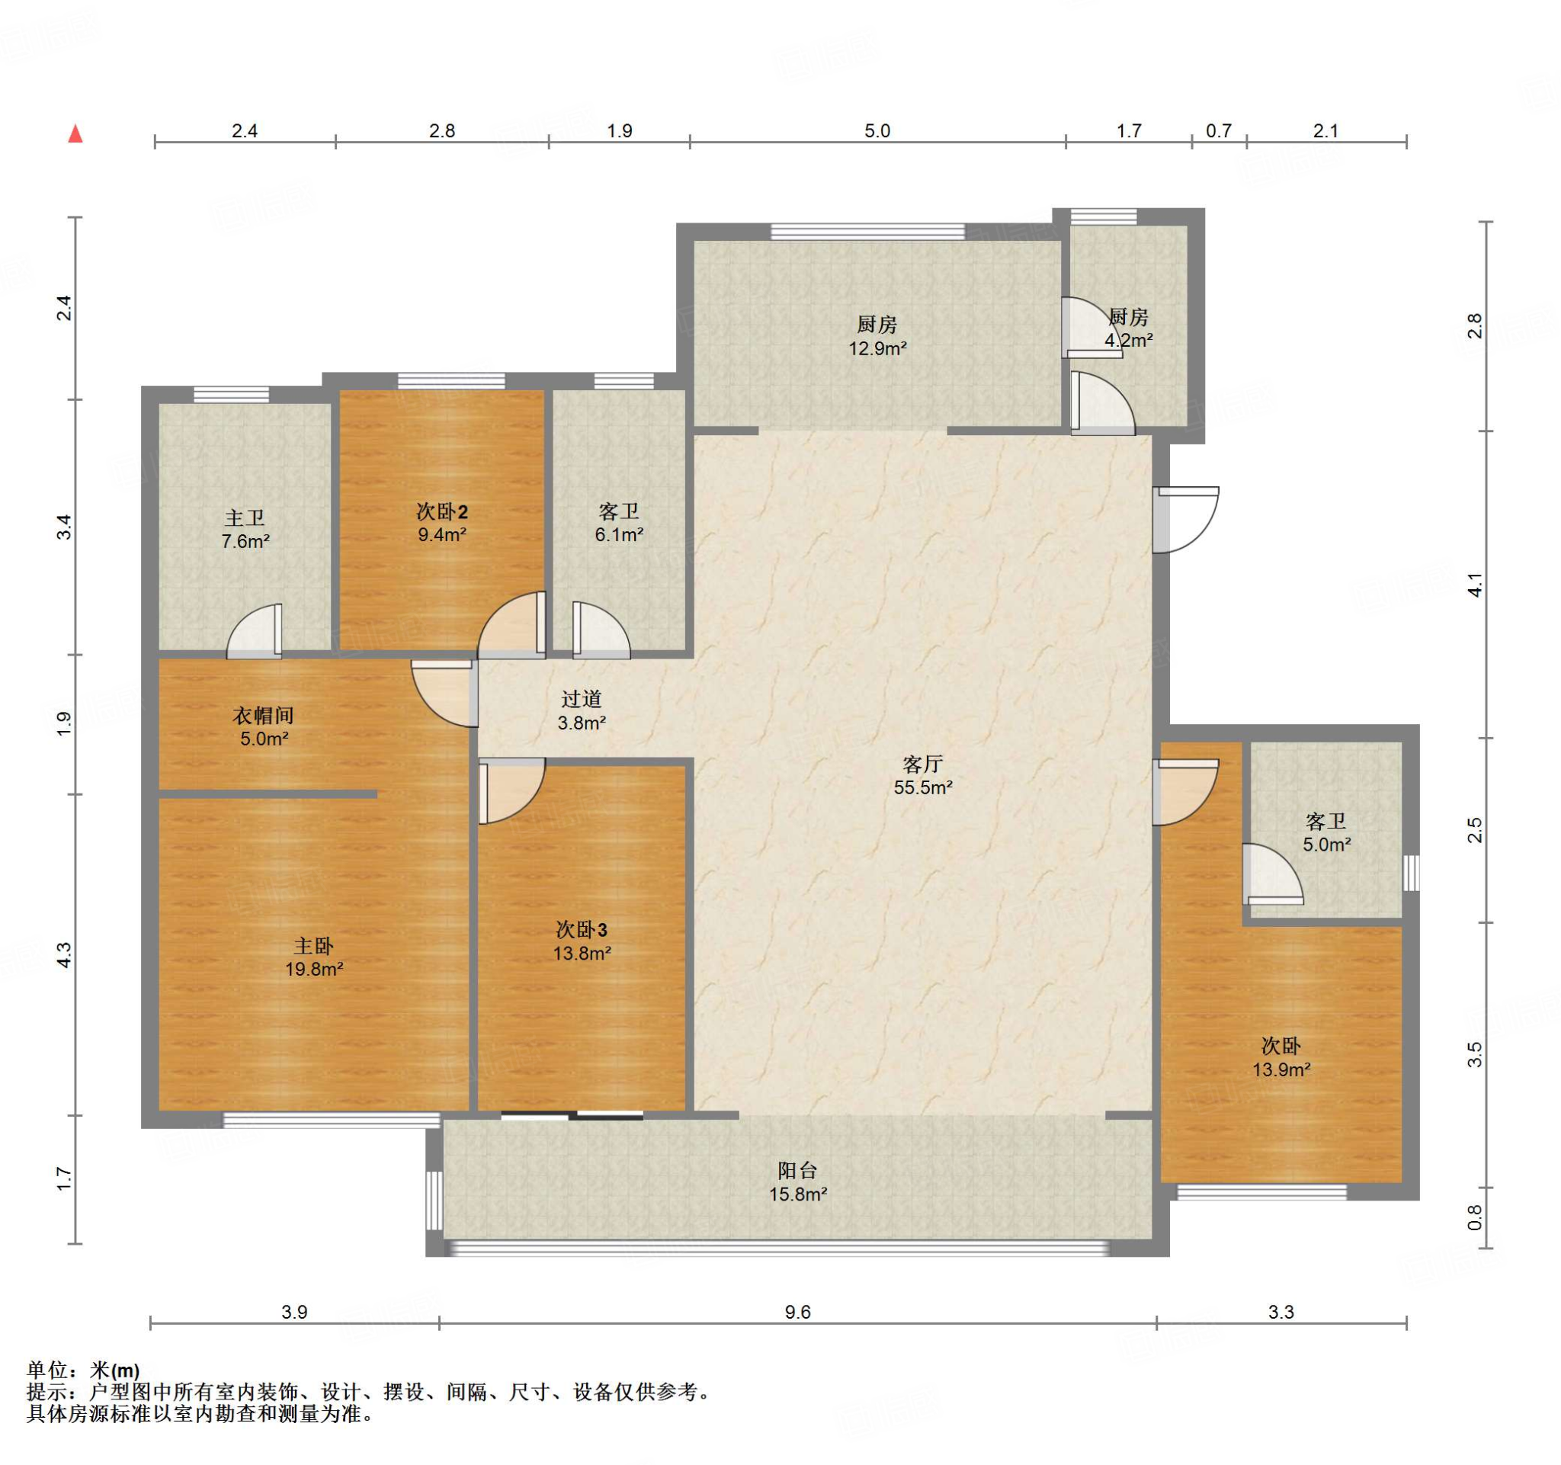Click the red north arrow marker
[x=75, y=133]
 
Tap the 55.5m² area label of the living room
[x=922, y=787]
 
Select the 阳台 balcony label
[x=797, y=1171]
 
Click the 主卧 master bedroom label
[x=313, y=945]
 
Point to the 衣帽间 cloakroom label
[x=264, y=715]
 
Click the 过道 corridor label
[x=581, y=699]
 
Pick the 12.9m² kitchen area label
[x=877, y=348]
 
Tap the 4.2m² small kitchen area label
[x=1128, y=340]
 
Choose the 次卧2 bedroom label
[x=442, y=512]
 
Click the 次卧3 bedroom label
[x=581, y=930]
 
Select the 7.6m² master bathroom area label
[x=245, y=541]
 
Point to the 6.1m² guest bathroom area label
[x=619, y=534]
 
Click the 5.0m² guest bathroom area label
[x=1327, y=845]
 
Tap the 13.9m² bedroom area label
[x=1281, y=1069]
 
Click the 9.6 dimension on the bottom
[x=797, y=1312]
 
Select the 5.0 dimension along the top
[x=877, y=131]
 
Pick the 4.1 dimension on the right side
[x=1476, y=585]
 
